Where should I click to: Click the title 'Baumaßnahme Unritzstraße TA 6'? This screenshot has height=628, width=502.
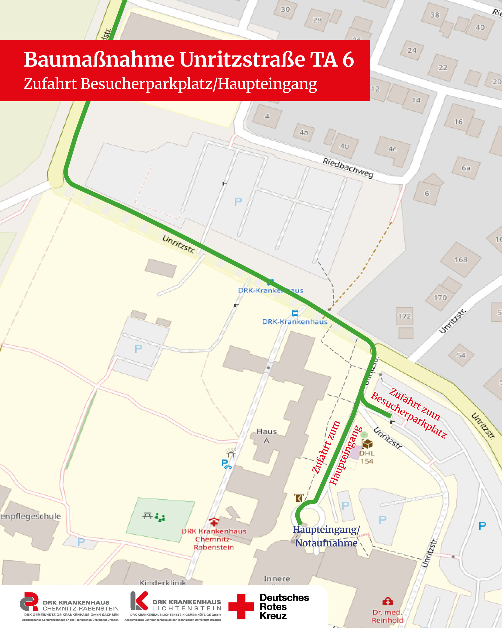coord(188,60)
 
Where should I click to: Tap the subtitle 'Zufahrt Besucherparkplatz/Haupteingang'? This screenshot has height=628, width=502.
coord(170,84)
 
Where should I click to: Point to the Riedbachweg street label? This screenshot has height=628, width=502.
coord(348,168)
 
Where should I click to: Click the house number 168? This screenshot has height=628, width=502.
coord(461,260)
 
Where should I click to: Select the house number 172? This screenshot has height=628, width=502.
coord(404,316)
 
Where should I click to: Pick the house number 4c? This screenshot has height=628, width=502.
coord(392,149)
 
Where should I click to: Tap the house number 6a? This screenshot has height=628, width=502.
coord(466,168)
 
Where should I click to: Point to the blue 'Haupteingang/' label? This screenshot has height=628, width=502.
coord(326,530)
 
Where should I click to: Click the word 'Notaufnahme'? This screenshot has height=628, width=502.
coord(326,543)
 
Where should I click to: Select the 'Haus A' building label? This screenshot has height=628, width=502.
coord(266,436)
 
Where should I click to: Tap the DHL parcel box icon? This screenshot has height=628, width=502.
coord(367,444)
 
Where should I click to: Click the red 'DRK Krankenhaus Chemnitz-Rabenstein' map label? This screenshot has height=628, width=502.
coord(213,539)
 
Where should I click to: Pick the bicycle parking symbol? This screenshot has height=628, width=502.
coord(226,463)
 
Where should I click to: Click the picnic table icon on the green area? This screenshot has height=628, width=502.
coord(148,516)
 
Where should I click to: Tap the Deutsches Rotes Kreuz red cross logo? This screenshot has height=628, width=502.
coord(241,607)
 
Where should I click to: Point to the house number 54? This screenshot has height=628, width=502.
coord(461,355)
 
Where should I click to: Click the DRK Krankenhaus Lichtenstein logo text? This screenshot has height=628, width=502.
coord(186,605)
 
